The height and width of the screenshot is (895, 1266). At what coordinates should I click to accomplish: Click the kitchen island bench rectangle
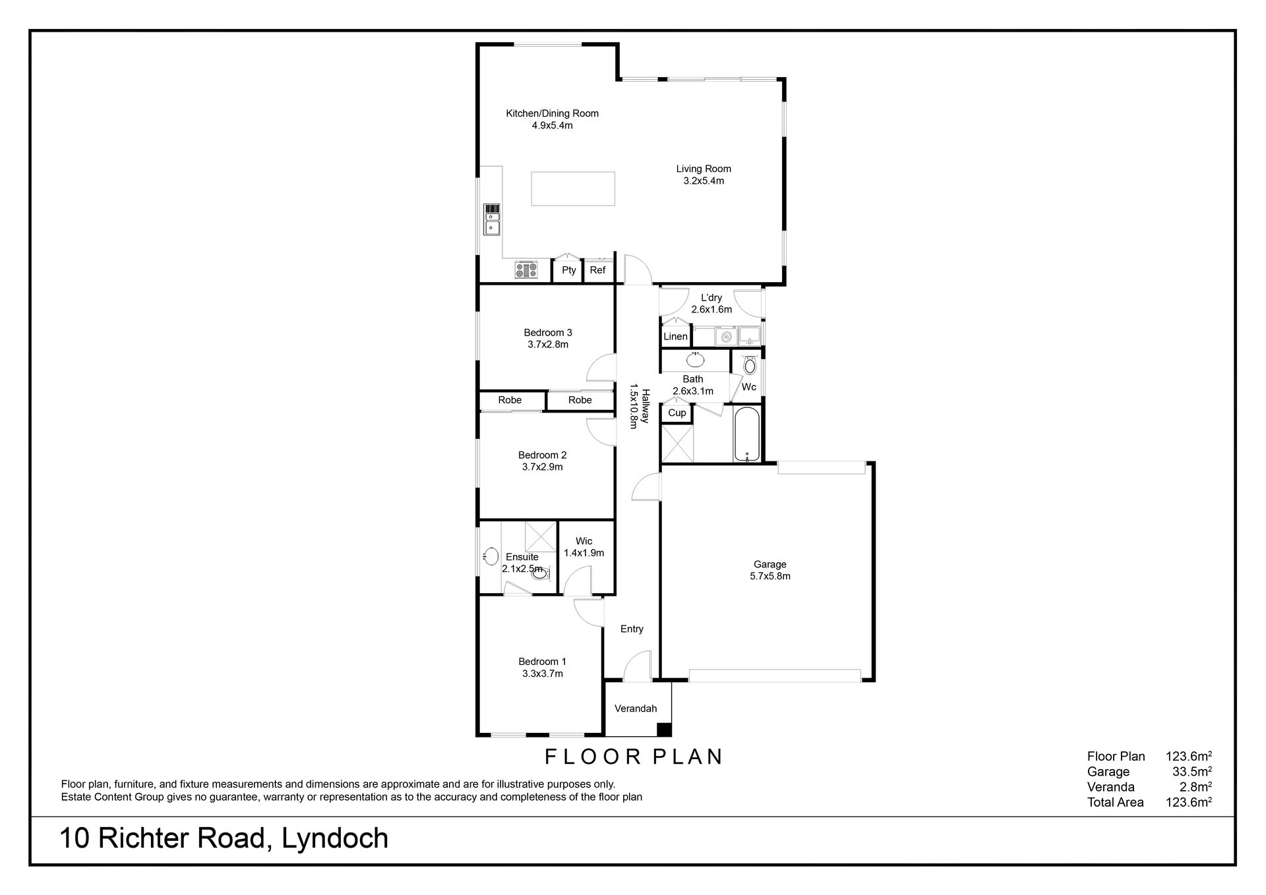pos(573,188)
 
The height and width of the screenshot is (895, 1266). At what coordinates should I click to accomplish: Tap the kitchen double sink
pos(492,219)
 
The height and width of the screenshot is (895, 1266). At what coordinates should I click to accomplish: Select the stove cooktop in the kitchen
pos(526,270)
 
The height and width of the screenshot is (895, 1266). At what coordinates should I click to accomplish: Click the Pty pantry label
pos(569,270)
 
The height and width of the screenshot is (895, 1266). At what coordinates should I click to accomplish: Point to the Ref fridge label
pos(597,270)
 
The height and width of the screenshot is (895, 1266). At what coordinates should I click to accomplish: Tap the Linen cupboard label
pos(675,337)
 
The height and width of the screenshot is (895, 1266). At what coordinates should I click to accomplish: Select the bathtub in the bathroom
pos(746,436)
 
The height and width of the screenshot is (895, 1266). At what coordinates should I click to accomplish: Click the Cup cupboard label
pos(677,413)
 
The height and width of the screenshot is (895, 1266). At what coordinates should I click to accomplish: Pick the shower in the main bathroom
pos(677,444)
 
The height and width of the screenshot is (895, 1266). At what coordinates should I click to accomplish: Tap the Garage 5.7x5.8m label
pos(770,570)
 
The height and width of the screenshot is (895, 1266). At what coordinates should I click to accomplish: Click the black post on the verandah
pos(665,730)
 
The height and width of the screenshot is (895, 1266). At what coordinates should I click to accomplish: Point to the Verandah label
pos(636,709)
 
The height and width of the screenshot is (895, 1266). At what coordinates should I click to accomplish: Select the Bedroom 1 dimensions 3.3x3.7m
pos(542,674)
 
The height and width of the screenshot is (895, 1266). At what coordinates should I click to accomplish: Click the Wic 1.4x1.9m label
pos(584,547)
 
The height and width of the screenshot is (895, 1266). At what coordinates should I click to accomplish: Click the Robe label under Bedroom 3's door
pos(580,400)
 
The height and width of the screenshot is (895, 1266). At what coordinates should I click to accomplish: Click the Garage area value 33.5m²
pos(1189,772)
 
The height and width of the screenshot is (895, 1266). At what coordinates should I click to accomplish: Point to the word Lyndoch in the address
pos(336,839)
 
